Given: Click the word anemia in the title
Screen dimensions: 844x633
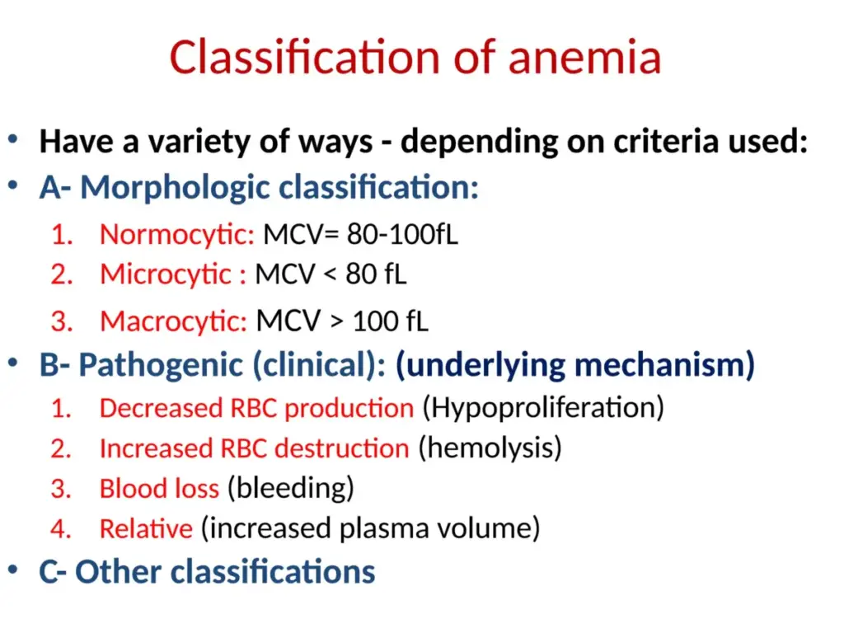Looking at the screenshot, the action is point(584,58).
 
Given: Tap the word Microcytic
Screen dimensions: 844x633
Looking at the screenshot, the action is point(166,274).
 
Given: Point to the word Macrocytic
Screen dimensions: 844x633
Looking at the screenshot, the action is point(173,321).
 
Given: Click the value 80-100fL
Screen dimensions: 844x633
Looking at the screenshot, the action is point(402,234).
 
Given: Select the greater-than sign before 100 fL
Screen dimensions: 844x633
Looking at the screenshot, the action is point(336,322).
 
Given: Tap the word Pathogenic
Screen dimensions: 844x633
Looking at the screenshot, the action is point(161,365).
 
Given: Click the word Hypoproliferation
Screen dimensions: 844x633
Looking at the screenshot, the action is point(543,408).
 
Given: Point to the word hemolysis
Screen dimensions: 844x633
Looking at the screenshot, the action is point(490,448).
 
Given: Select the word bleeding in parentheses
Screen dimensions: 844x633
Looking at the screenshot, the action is point(291,488).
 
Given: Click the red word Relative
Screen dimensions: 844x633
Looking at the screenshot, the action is point(146,528).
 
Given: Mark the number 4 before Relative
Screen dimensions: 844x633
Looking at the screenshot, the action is point(61,528).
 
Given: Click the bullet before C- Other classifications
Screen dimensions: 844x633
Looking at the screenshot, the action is point(13,570).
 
